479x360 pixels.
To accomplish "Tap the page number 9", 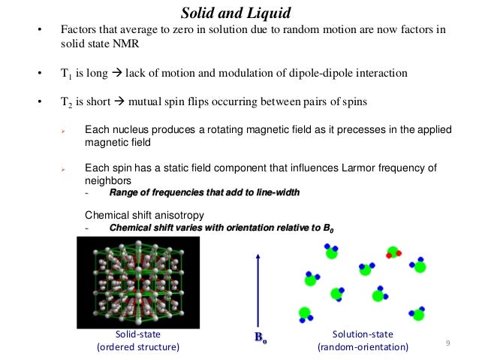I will click(447, 344).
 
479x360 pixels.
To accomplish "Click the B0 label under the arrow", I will click(260, 340).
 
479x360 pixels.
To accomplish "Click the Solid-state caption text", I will click(137, 334).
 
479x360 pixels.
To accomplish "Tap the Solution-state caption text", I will click(363, 334).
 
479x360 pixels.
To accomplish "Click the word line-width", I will click(273, 193).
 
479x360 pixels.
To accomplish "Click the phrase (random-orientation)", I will click(363, 347).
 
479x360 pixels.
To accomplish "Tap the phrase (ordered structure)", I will click(137, 347).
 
